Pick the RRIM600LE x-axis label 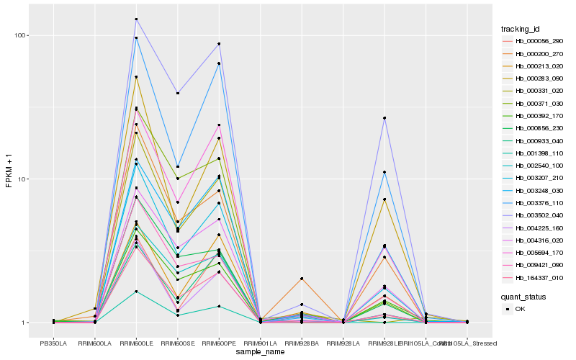136,343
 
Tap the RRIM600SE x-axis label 177,343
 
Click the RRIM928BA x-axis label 302,343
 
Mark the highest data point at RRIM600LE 136,19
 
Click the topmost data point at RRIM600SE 177,93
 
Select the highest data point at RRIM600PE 219,44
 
